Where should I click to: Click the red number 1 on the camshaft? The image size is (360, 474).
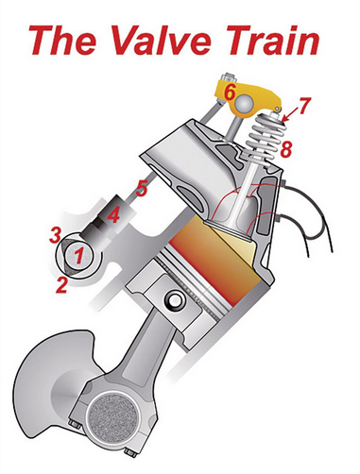click(80, 255)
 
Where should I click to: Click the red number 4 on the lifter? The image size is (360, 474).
click(113, 215)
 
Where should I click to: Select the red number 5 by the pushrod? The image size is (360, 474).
click(142, 189)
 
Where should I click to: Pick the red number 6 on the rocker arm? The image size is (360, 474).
click(230, 93)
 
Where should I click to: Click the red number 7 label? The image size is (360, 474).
click(305, 106)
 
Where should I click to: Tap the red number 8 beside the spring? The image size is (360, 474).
click(286, 149)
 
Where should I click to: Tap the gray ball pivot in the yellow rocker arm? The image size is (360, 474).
click(244, 105)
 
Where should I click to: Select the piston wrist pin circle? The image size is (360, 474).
click(175, 302)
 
